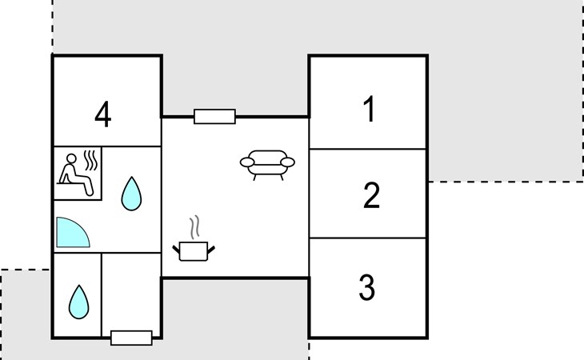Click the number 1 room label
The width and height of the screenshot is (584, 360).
(x=369, y=109)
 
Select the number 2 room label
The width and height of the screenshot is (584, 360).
(x=371, y=195)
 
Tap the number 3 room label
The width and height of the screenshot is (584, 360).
(x=367, y=286)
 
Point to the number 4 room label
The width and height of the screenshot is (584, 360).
(x=102, y=114)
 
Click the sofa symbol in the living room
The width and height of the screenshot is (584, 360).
(x=267, y=165)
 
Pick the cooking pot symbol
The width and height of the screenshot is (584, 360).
(x=194, y=251)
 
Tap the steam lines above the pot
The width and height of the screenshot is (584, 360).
(x=194, y=227)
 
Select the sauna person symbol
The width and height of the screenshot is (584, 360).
(x=74, y=174)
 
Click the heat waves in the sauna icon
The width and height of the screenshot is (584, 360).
(x=90, y=160)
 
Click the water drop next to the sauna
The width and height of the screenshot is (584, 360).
(x=131, y=194)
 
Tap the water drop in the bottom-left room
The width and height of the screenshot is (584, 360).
(x=79, y=302)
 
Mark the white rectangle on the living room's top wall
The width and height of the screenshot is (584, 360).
(x=215, y=117)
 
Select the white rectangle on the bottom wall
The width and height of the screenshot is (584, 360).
(x=131, y=338)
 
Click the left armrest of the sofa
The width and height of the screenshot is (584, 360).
(x=247, y=162)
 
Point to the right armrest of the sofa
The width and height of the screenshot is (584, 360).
(x=287, y=162)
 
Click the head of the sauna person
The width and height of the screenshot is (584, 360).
(x=71, y=158)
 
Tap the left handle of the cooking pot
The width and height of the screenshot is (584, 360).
(x=176, y=249)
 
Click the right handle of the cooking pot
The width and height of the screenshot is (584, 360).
(x=211, y=250)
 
